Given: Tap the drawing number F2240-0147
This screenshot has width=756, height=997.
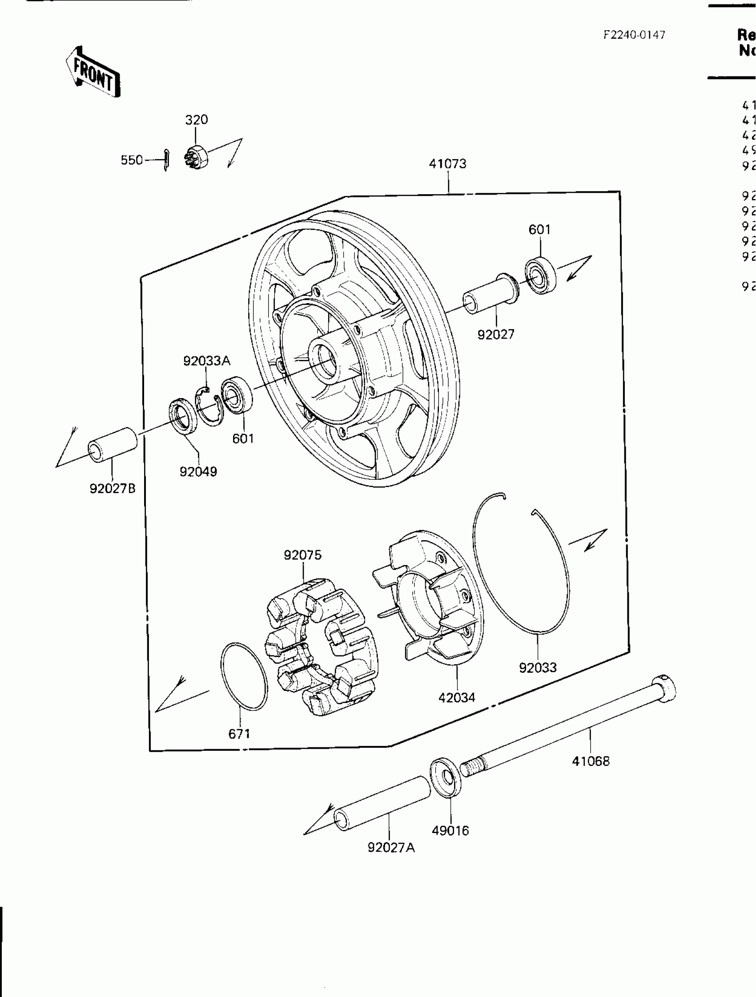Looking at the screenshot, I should point(634,35).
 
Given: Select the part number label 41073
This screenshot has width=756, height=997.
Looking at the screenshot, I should point(447,164).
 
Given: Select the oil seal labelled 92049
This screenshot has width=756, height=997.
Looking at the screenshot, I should point(183,416).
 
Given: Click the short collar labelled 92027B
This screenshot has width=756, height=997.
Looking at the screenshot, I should point(113,445).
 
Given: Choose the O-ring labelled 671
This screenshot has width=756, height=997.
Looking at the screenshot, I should point(244,676).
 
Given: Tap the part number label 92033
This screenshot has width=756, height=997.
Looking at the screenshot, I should point(538,667).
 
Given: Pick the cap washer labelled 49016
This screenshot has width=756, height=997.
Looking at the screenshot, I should point(446,778).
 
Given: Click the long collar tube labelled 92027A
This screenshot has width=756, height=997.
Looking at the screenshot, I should point(382,804).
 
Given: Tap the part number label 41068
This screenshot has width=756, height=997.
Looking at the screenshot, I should point(591,761).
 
